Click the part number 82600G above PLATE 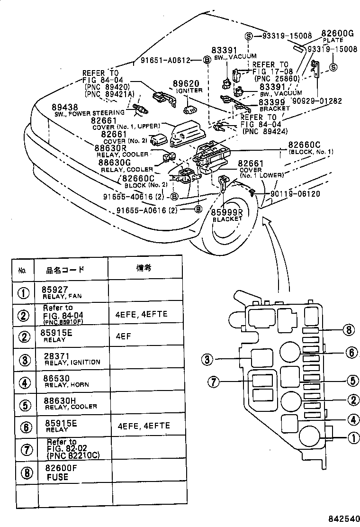(337, 34)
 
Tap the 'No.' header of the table (22, 271)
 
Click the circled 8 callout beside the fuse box (349, 330)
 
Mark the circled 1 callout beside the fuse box (353, 438)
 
